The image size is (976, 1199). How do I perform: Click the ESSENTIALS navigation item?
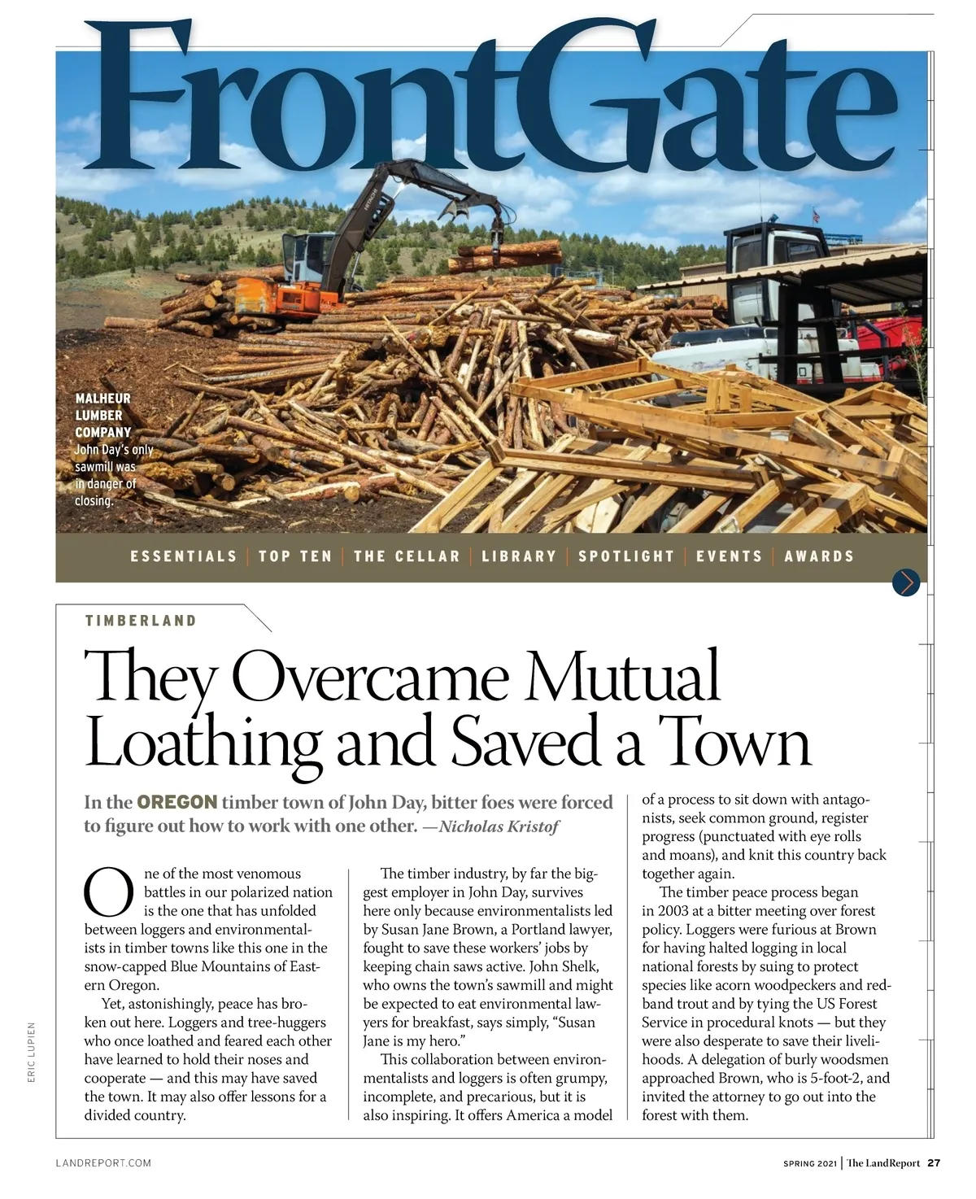tap(183, 556)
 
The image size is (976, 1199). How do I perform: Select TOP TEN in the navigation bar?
tap(295, 556)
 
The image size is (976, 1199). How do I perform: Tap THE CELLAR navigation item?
tap(407, 556)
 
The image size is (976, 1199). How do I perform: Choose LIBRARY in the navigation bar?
tap(519, 556)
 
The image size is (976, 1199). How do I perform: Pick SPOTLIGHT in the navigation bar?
tap(626, 556)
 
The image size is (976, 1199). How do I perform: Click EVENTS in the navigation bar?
tap(730, 556)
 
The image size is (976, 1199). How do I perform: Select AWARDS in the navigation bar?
tap(819, 556)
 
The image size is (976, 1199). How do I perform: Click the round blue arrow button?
tap(905, 582)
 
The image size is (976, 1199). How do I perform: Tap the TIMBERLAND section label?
tap(141, 621)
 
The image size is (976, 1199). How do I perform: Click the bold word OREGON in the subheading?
tap(177, 802)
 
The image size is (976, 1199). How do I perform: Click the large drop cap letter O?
tap(109, 892)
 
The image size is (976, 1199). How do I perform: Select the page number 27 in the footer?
tap(934, 1162)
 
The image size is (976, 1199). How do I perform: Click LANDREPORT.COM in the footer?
tap(103, 1163)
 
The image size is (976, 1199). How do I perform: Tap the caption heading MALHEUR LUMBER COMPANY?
tap(103, 415)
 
